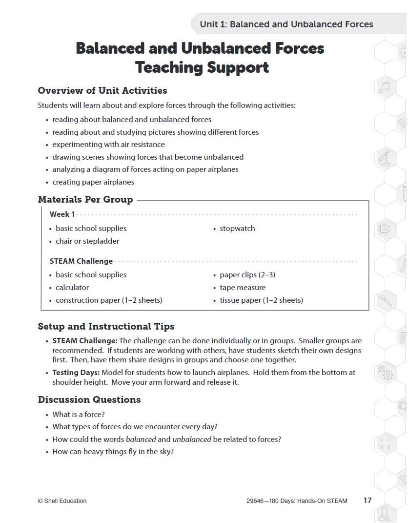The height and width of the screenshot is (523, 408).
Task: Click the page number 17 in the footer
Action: pyautogui.click(x=367, y=501)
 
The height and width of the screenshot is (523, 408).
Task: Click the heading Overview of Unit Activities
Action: pyautogui.click(x=102, y=90)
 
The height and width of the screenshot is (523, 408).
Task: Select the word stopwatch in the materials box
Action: pyautogui.click(x=237, y=229)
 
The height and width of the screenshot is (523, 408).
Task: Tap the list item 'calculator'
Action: pyautogui.click(x=72, y=288)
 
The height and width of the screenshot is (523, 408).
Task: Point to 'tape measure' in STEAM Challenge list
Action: pyautogui.click(x=243, y=288)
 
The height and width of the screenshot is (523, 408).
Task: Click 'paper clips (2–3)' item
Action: pyautogui.click(x=247, y=275)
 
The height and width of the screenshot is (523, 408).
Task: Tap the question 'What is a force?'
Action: pyautogui.click(x=79, y=415)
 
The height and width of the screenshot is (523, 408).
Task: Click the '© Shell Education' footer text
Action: pyautogui.click(x=62, y=501)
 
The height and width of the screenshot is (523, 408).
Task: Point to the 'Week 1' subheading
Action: pyautogui.click(x=62, y=214)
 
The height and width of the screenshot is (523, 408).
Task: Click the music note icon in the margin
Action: pyautogui.click(x=385, y=87)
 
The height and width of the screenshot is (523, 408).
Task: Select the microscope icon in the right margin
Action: pyautogui.click(x=385, y=158)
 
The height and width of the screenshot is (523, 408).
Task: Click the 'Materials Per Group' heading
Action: pyautogui.click(x=85, y=199)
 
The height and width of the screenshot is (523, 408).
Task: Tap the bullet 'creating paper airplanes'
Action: pyautogui.click(x=93, y=182)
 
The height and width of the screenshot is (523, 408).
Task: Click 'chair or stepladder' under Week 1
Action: pyautogui.click(x=87, y=241)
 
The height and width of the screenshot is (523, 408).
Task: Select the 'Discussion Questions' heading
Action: pyautogui.click(x=89, y=399)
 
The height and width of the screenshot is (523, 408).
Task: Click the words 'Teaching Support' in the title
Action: pyautogui.click(x=202, y=67)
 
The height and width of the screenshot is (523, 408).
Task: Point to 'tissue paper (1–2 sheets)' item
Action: pyautogui.click(x=261, y=300)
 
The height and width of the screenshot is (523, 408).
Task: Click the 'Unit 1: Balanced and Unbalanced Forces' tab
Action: pyautogui.click(x=286, y=24)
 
